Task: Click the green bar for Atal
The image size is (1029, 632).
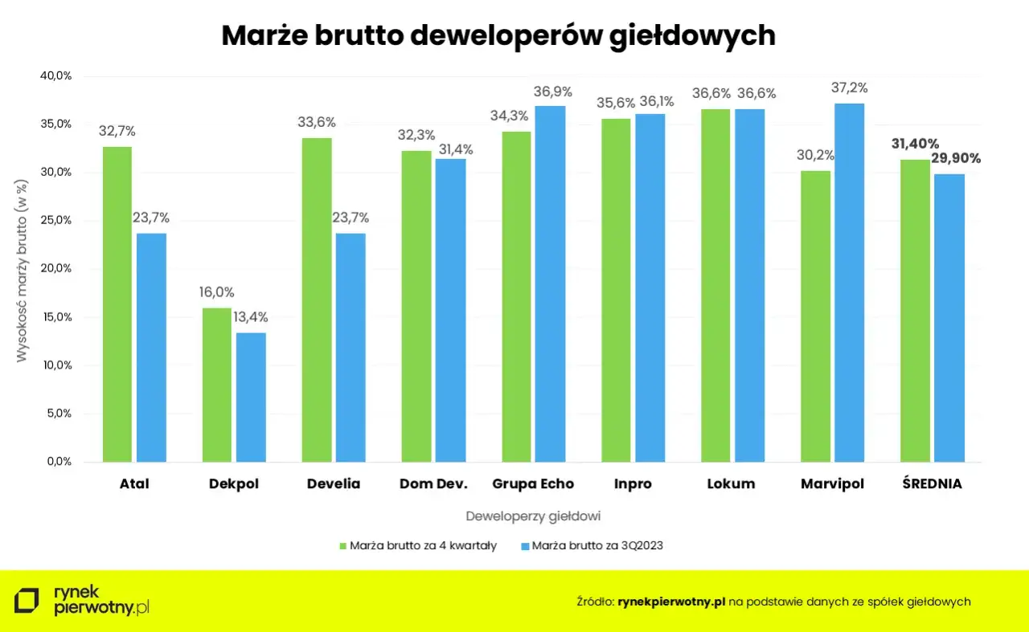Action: pos(117,305)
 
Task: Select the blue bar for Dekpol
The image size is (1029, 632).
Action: pos(251,398)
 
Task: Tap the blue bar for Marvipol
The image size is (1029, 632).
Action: pos(849,283)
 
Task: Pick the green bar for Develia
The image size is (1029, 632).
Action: pos(317,300)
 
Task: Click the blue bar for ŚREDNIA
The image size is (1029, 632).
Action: pos(949,318)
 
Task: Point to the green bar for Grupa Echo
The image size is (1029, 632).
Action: pos(516,297)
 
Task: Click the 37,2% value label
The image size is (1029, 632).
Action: pos(850,88)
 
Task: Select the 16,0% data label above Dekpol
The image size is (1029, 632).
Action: pos(217,292)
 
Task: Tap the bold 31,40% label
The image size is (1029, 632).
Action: pos(914,145)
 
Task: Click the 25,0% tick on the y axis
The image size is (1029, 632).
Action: pos(55,220)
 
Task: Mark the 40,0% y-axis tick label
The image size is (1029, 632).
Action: pos(55,75)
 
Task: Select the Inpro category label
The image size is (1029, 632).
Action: pos(632,483)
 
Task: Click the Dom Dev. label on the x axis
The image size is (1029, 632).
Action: pos(433,483)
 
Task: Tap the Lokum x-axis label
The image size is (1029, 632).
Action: pos(731,483)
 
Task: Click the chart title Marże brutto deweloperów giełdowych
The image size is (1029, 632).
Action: pos(498,35)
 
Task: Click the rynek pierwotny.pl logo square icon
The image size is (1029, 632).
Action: pos(27,601)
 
